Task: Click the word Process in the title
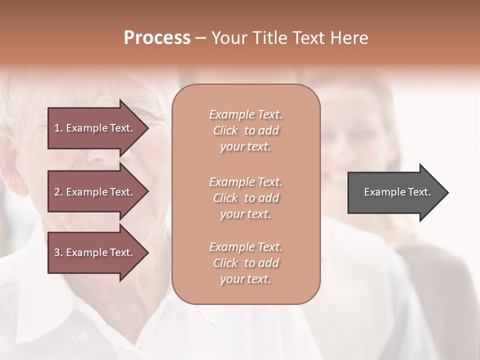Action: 157,38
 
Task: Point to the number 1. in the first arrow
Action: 58,128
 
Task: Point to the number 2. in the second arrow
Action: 58,192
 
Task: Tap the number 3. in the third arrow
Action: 58,252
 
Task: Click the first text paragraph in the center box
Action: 245,130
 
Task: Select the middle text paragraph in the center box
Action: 245,197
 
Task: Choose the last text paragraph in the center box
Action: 245,263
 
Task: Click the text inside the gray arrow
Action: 397,192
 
